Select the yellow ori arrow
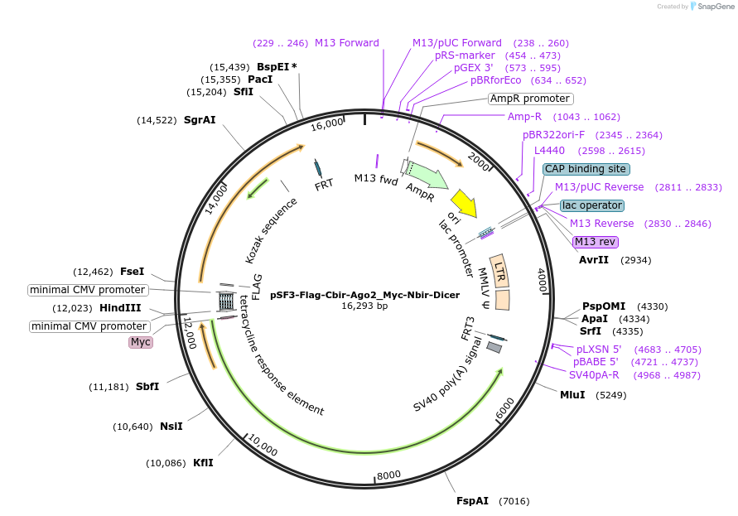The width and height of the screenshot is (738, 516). tap(464, 204)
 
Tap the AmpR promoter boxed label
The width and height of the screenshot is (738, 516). tap(529, 99)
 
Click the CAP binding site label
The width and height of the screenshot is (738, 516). tap(586, 169)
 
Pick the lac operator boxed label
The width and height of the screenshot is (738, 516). tap(591, 205)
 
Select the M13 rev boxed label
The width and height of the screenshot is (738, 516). tap(596, 242)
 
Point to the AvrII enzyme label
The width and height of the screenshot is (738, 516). tap(594, 260)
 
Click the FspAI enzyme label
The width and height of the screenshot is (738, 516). tap(473, 501)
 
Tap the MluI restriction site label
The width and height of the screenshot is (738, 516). tap(572, 395)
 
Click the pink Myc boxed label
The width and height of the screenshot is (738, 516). tap(141, 342)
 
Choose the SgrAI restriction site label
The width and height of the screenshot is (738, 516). tap(200, 120)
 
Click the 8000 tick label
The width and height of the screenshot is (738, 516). tap(388, 475)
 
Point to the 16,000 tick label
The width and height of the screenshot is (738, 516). tap(327, 124)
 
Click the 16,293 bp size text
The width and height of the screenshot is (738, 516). tap(364, 306)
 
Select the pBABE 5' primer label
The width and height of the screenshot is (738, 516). tap(596, 362)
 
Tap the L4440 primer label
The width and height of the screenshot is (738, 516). tap(549, 151)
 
